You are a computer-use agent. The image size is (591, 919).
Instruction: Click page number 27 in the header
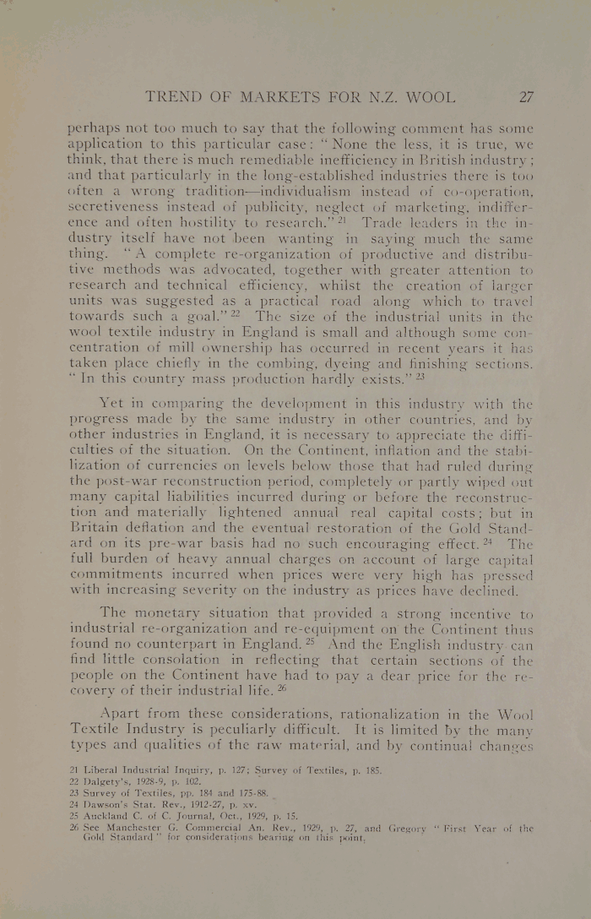point(524,96)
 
